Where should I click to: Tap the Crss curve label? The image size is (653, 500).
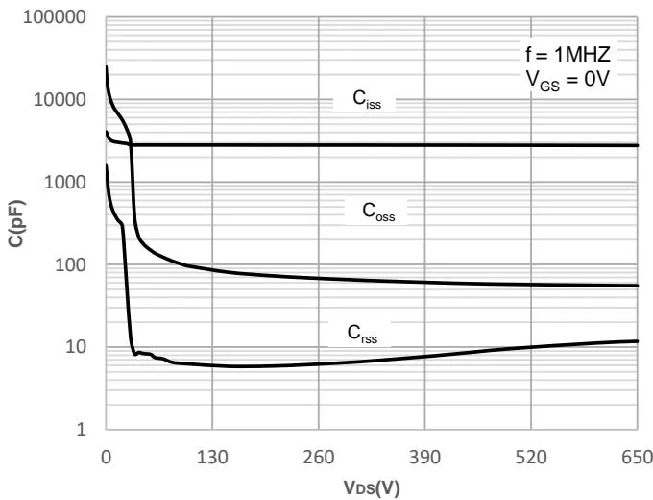(x=364, y=333)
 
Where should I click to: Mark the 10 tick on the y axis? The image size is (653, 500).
(x=78, y=347)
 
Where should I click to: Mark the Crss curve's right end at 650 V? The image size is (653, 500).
(x=638, y=341)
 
